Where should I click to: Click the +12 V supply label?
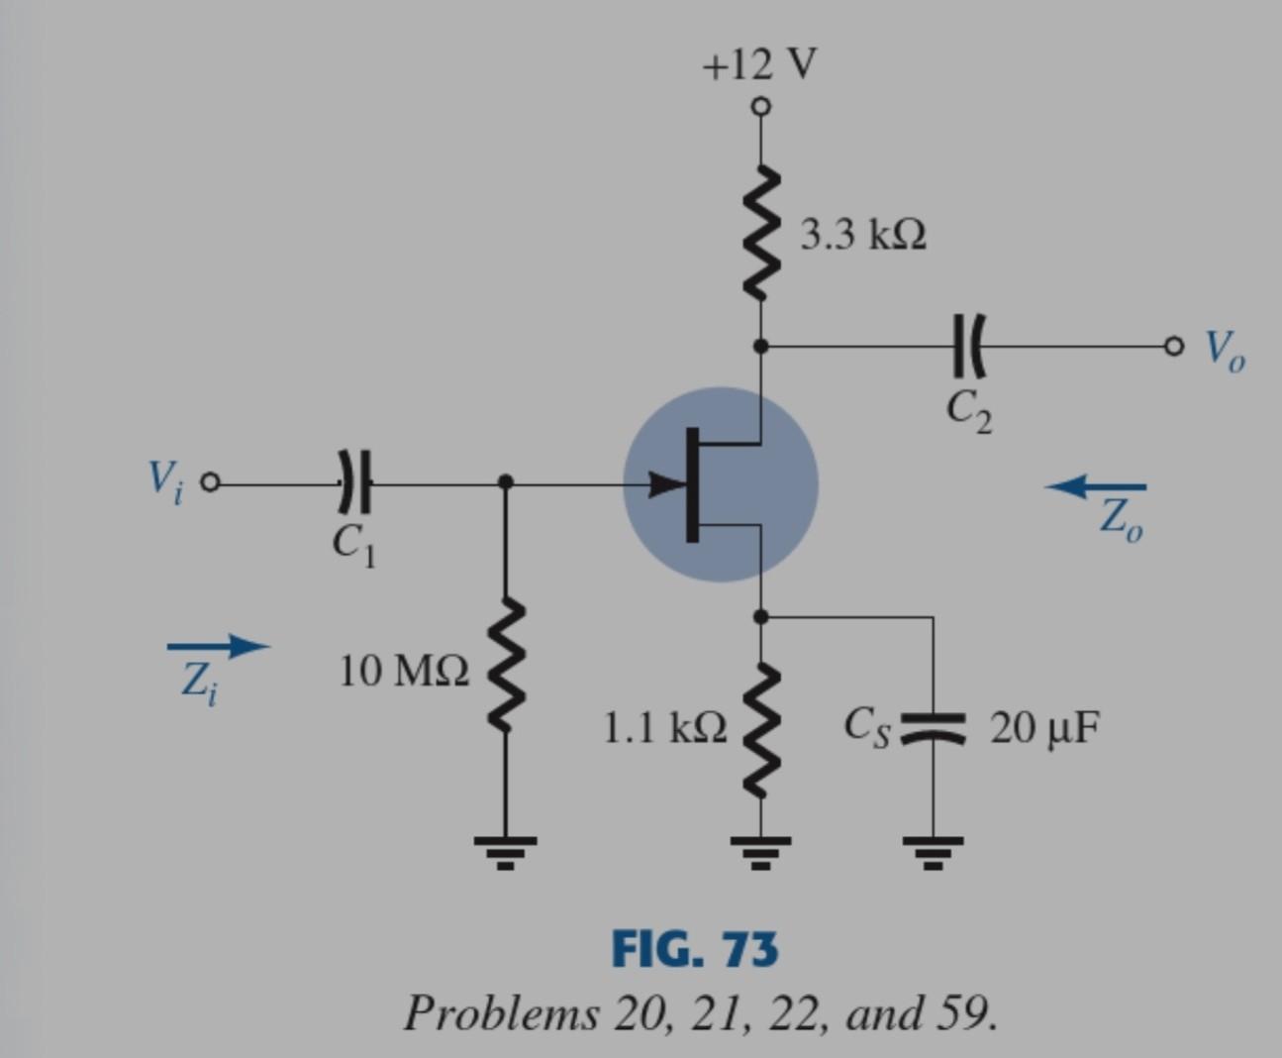coord(759,65)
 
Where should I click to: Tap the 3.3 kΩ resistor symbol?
coord(760,234)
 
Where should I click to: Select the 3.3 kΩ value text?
coord(863,236)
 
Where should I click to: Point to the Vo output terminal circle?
coord(1173,346)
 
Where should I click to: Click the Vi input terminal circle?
coord(209,483)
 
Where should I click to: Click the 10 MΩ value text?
coord(404,672)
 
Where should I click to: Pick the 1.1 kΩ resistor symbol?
coord(760,730)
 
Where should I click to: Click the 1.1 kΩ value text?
coord(664,728)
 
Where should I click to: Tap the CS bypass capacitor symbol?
coord(932,727)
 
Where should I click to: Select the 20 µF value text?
coord(1044,728)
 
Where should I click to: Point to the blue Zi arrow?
coord(218,647)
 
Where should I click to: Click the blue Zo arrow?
coord(1096,485)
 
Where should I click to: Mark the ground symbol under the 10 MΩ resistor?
coord(506,850)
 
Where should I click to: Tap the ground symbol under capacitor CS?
coord(932,850)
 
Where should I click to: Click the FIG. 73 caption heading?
coord(695,949)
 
